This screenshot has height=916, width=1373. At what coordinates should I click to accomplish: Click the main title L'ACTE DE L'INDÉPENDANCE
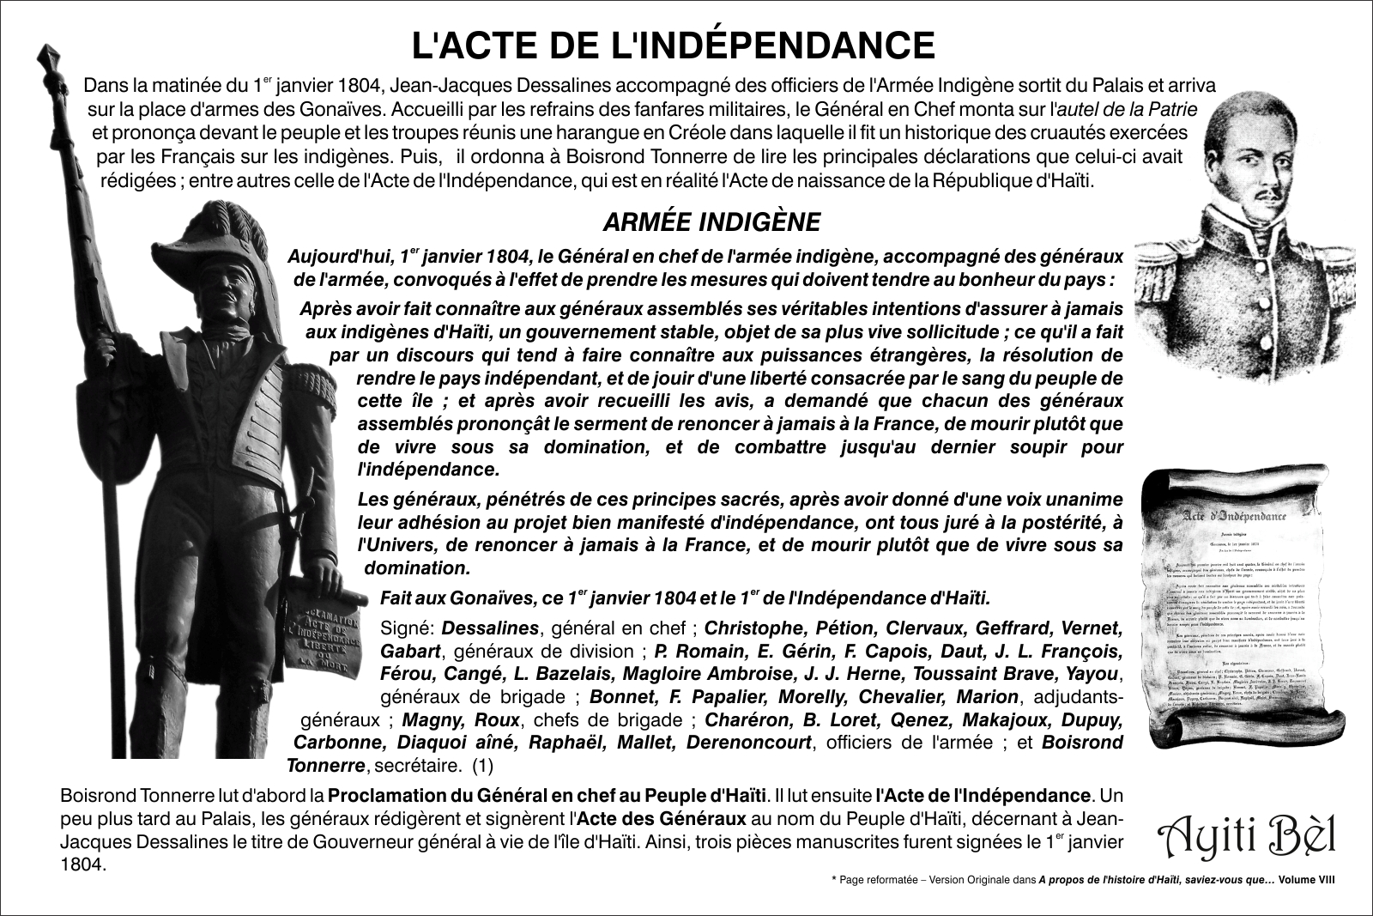coord(674,45)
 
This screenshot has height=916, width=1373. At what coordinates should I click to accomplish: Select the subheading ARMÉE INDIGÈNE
coord(711,222)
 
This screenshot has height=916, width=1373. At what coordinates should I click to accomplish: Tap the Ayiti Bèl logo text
coord(1248,833)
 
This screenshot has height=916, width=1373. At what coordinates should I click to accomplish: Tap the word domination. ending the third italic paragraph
coord(418,567)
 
